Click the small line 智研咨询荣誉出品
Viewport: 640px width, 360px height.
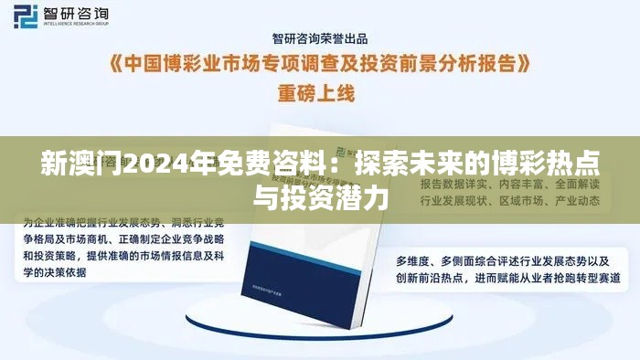point(320,37)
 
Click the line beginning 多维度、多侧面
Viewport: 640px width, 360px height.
point(500,259)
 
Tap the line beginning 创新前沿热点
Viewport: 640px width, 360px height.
point(502,276)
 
